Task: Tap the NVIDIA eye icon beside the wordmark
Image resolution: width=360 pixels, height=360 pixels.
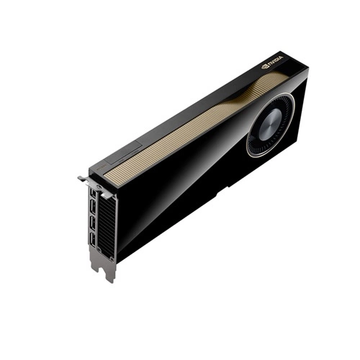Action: click(265, 66)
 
